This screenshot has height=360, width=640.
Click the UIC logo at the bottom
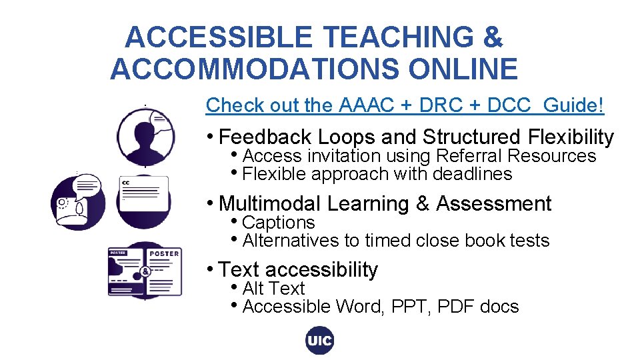[319, 341]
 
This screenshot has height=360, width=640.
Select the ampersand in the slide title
[493, 37]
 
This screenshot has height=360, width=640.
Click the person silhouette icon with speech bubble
[145, 137]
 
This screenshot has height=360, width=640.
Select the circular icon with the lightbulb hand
[78, 202]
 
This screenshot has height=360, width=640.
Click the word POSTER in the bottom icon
[164, 253]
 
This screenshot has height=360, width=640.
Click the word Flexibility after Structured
[571, 137]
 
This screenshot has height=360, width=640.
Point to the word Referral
[469, 156]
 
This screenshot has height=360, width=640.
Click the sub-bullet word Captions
[279, 223]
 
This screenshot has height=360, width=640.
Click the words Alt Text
[273, 289]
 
